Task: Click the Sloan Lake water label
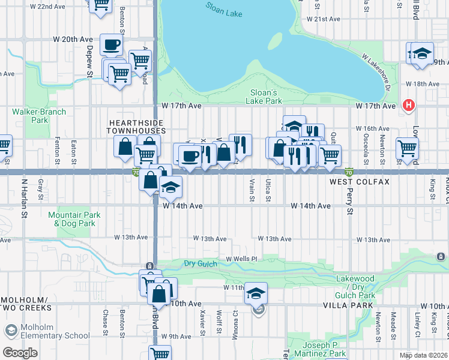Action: click(x=223, y=8)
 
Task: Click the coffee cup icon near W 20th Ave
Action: click(x=111, y=44)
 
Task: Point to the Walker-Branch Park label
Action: click(x=31, y=116)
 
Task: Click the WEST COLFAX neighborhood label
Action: click(x=359, y=181)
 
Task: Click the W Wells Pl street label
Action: click(x=241, y=259)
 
